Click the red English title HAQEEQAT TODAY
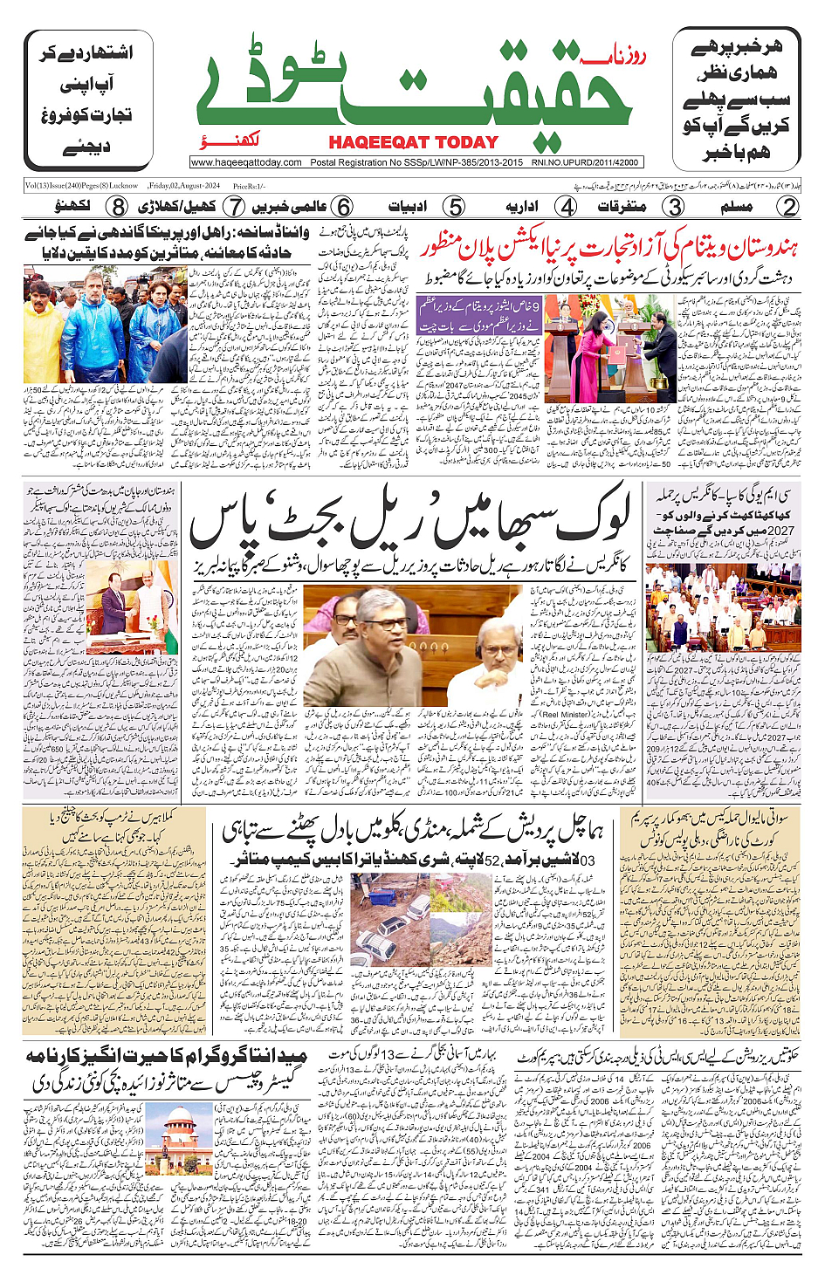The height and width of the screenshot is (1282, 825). pyautogui.click(x=413, y=142)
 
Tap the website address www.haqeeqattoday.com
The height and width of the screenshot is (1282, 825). pyautogui.click(x=246, y=162)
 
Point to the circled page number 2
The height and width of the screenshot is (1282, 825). pyautogui.click(x=787, y=207)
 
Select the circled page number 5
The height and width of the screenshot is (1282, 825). pyautogui.click(x=454, y=207)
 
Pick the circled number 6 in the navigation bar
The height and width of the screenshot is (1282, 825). pyautogui.click(x=344, y=207)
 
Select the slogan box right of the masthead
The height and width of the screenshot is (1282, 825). pyautogui.click(x=736, y=99)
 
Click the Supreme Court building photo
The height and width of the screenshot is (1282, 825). pyautogui.click(x=175, y=1138)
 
